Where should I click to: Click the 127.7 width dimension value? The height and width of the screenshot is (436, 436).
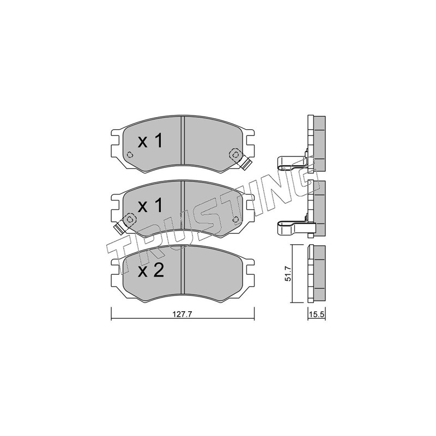183,314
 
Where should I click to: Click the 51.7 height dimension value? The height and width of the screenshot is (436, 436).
288,274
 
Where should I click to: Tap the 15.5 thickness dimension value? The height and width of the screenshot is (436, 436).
317,315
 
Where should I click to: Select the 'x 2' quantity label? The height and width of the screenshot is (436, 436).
151,270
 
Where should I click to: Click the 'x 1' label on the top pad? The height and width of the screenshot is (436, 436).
150,141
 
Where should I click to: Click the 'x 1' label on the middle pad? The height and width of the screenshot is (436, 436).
150,206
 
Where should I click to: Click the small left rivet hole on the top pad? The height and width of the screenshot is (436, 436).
130,155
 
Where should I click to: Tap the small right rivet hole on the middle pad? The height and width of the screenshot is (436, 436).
236,220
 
